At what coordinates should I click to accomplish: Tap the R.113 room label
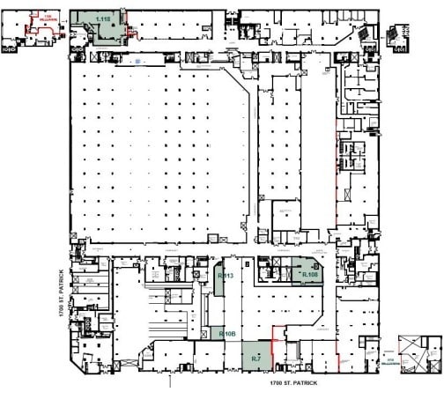point(224,276)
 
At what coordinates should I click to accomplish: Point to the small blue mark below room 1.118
point(137,61)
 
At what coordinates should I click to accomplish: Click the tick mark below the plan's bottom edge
point(168,381)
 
